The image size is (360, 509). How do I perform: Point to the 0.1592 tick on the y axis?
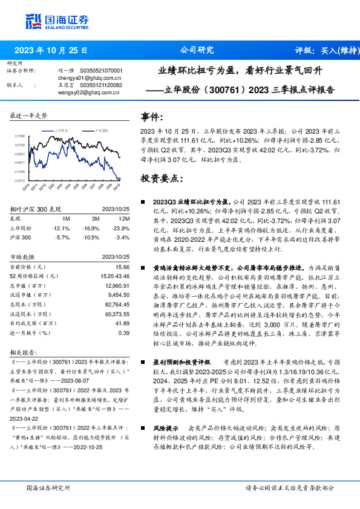pos(20,137)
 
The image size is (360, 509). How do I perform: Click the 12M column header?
pos(125,218)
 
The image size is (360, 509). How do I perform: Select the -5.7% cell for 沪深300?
pos(62,238)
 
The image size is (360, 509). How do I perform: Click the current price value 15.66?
pos(123,267)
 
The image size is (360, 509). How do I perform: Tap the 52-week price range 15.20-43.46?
pos(113,276)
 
